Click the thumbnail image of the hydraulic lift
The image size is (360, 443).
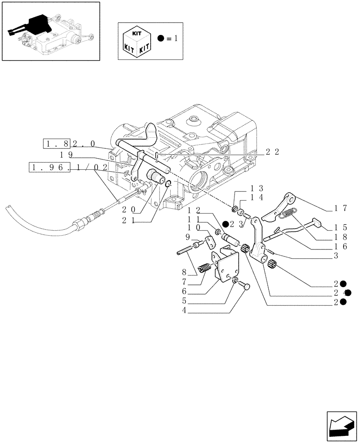[x=50, y=31]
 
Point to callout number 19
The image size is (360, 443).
[x=66, y=154]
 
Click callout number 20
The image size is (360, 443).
[x=130, y=209]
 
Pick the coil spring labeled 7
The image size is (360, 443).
[x=205, y=268]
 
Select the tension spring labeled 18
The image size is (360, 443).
[x=290, y=213]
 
